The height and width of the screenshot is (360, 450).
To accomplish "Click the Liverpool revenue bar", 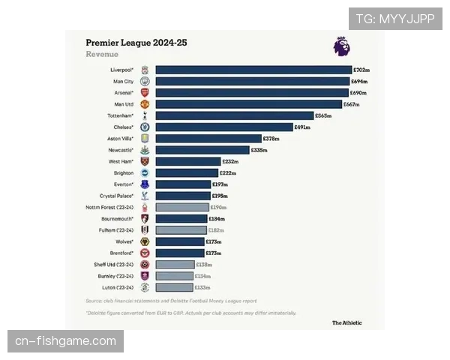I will (253, 70).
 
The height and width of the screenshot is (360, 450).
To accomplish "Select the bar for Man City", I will (252, 81).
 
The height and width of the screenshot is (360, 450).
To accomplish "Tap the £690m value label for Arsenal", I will (360, 93).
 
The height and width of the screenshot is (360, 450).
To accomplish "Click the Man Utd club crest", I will (145, 104).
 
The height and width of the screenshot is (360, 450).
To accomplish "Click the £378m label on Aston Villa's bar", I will (271, 139).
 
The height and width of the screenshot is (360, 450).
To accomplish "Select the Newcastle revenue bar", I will (202, 150).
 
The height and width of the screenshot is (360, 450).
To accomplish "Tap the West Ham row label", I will (121, 161).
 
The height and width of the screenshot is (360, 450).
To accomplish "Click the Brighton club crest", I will (145, 172).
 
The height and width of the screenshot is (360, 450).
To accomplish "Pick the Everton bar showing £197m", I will (183, 184).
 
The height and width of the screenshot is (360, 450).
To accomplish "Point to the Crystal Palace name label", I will (116, 196).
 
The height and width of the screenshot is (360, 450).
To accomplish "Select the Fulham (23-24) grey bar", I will (181, 230).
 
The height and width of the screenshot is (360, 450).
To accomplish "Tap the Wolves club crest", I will (145, 241).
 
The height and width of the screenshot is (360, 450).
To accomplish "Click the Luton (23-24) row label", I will (118, 287).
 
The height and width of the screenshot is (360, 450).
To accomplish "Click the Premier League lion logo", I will (341, 46).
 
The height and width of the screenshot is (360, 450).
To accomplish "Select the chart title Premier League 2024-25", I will (136, 43).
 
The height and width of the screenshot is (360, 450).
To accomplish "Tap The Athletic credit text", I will (347, 323).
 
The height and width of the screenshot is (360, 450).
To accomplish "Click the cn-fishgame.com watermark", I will (66, 342).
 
